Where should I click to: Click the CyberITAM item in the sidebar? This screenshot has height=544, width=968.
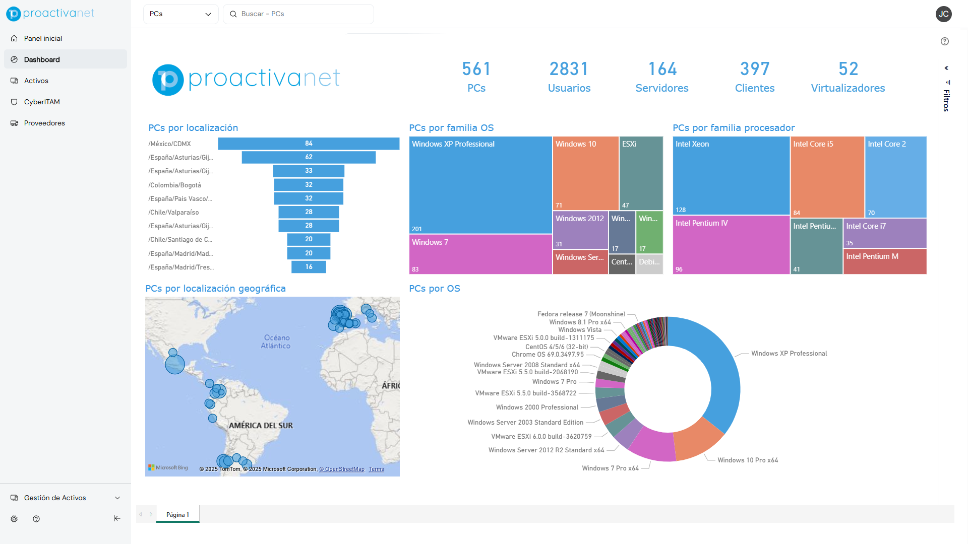[x=42, y=102]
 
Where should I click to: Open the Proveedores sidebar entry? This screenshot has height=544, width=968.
[x=44, y=123]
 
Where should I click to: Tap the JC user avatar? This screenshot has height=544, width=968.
[x=943, y=14]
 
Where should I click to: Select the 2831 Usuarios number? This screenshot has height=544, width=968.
[x=569, y=70]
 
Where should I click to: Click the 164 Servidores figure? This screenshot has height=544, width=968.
[x=662, y=70]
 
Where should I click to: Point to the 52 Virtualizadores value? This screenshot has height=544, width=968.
[x=848, y=70]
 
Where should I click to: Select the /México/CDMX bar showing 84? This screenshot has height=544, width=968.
[x=309, y=144]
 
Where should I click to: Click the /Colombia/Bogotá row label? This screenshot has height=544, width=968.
[x=174, y=185]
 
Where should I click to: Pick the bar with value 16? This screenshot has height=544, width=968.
[x=309, y=267]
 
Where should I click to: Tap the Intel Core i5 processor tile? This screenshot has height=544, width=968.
[x=827, y=176]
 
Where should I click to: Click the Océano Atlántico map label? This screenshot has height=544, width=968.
[x=276, y=342]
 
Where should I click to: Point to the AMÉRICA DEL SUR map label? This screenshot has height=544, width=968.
[x=261, y=426]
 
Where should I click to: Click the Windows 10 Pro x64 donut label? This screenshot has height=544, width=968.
[x=747, y=460]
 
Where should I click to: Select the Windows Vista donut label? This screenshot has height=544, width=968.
[x=580, y=330]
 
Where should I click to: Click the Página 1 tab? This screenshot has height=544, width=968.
[x=177, y=514]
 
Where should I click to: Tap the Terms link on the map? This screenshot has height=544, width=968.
[x=376, y=469]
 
